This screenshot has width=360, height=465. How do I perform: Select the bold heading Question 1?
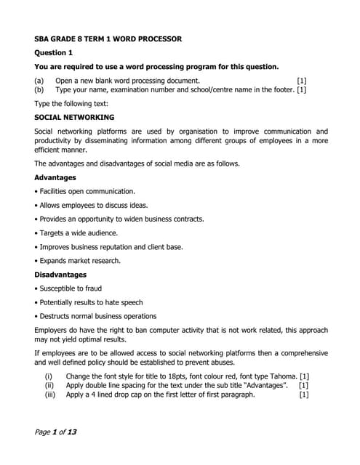[x=54, y=53]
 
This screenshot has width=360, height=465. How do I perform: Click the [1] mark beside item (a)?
[x=301, y=80]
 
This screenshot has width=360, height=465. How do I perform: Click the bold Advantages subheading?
[x=55, y=177]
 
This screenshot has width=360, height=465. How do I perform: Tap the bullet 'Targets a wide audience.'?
[x=76, y=232]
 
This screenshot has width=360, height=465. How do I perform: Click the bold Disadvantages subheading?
[x=60, y=275]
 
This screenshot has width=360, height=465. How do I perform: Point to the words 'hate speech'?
[x=122, y=302]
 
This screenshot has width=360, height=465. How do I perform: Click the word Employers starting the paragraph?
[x=52, y=330]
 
